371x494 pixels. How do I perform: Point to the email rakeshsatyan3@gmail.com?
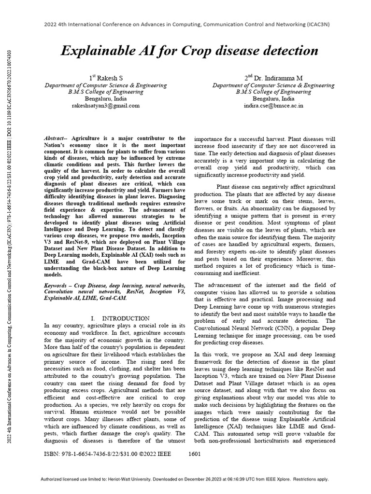click(x=106, y=105)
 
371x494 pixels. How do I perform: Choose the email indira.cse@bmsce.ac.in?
click(x=273, y=105)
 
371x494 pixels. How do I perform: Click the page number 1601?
click(x=194, y=454)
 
